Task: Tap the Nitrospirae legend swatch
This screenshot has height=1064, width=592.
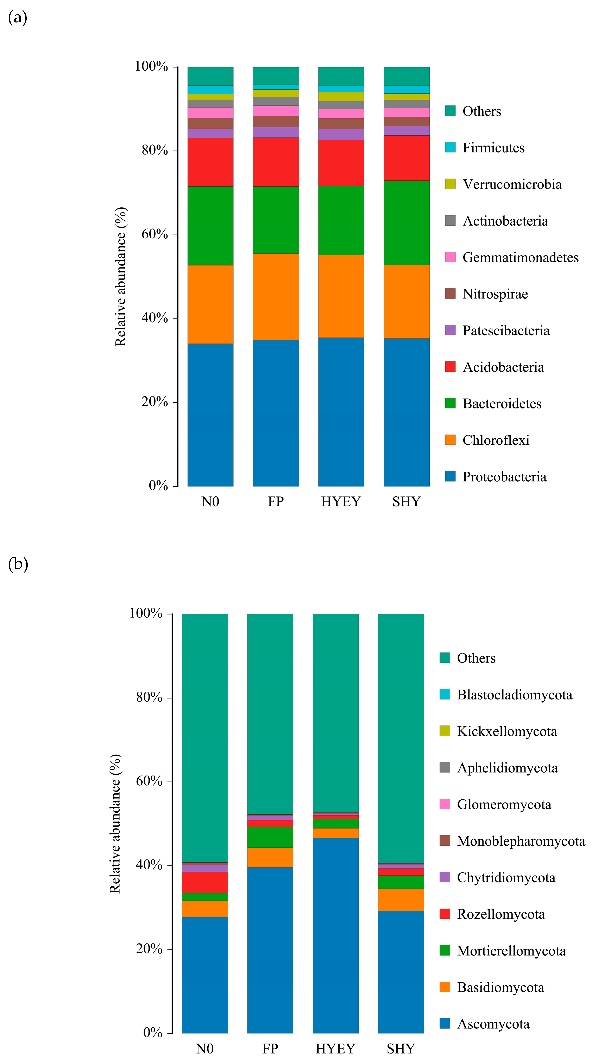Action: point(450,294)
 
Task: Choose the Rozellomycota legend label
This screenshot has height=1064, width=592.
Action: point(501,914)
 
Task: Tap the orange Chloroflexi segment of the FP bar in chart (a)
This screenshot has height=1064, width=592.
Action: point(276,297)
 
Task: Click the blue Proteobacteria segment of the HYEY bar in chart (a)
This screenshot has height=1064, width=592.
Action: point(341,412)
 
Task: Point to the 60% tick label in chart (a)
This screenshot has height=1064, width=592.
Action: point(155,234)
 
